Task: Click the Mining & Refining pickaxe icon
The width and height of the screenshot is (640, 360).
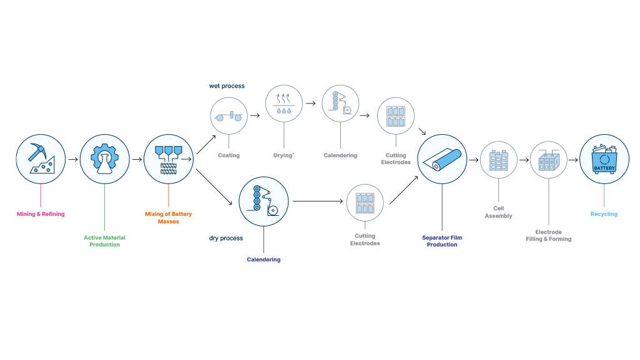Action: pos(41,158)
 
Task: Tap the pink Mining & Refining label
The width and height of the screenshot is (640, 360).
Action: pos(41,214)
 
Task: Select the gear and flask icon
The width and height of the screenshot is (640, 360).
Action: pos(104,158)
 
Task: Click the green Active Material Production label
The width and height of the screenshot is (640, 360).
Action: pos(104,241)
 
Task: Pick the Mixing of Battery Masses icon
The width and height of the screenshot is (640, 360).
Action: pos(169,158)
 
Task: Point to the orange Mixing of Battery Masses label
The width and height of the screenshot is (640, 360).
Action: pos(169,217)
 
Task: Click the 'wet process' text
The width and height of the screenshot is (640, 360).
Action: pos(227,86)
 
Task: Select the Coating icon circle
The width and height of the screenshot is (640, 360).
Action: pos(229,116)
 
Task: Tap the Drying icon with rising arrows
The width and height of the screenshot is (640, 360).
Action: pos(283,104)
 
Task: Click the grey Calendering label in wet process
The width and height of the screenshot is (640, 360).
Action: pos(340,155)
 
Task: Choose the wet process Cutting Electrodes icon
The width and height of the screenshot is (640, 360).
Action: pos(396,116)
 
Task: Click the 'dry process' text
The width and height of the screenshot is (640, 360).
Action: pos(226,238)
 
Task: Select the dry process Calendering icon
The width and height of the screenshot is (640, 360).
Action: pos(263,201)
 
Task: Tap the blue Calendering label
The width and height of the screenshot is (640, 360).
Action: pos(263,260)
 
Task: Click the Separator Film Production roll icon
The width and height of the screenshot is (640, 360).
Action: pos(442,158)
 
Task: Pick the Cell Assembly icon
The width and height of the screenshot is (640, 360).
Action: pos(498,160)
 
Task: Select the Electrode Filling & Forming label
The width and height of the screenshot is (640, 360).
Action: pos(548,235)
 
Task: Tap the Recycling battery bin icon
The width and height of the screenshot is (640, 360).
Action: pos(604,158)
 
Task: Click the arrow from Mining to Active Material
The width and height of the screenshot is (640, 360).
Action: pos(72,159)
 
